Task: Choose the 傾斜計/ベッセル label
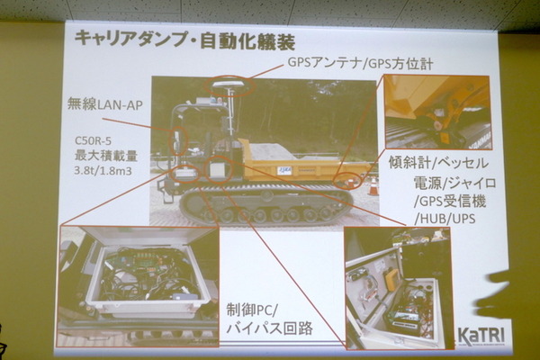(x=438, y=162)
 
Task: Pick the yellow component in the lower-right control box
(x=391, y=280)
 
